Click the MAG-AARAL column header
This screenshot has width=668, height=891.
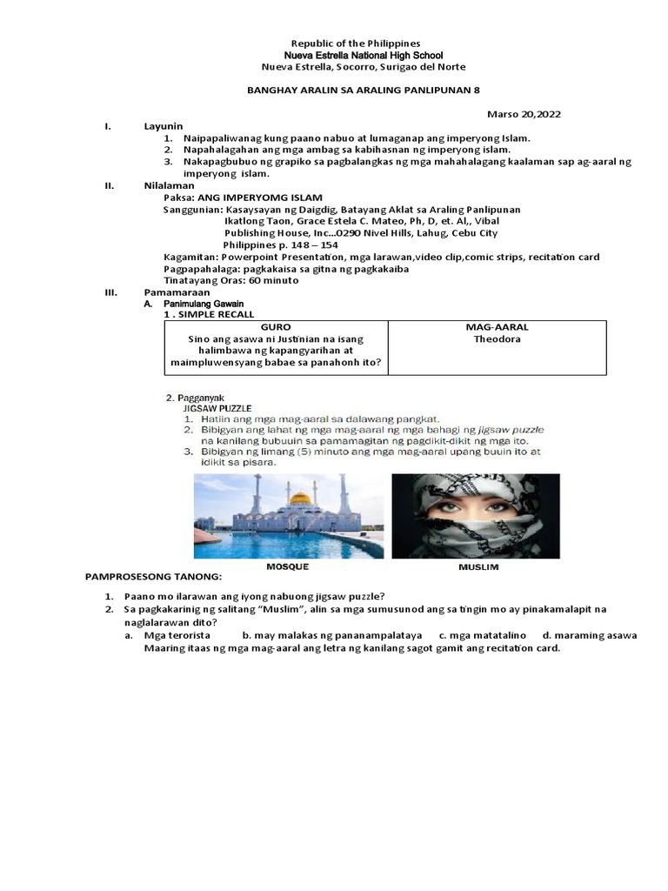click(x=497, y=327)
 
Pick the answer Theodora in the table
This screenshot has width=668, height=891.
click(x=497, y=339)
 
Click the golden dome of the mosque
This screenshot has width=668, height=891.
click(x=300, y=499)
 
